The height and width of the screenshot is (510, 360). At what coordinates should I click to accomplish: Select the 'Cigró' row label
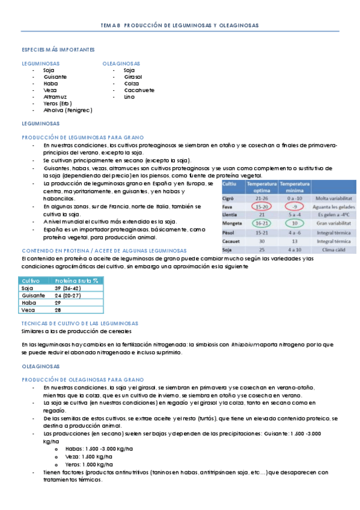tap(228, 198)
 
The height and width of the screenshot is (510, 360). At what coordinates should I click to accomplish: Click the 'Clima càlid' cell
tap(334, 248)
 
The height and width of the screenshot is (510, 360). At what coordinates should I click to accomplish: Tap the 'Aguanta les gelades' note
tap(334, 206)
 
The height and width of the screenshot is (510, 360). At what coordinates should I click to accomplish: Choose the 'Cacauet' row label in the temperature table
tap(231, 240)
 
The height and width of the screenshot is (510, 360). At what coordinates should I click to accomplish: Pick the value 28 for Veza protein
tap(58, 310)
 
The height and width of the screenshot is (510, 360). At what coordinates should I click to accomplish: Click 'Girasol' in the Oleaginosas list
tap(133, 77)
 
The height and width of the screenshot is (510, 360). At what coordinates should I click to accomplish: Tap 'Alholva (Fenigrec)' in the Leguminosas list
tap(68, 110)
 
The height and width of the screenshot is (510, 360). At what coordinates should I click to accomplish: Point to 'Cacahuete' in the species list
tap(139, 90)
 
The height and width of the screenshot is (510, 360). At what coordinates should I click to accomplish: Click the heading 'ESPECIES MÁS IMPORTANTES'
tap(57, 49)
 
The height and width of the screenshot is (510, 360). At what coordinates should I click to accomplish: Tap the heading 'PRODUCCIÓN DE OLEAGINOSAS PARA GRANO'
tap(82, 379)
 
